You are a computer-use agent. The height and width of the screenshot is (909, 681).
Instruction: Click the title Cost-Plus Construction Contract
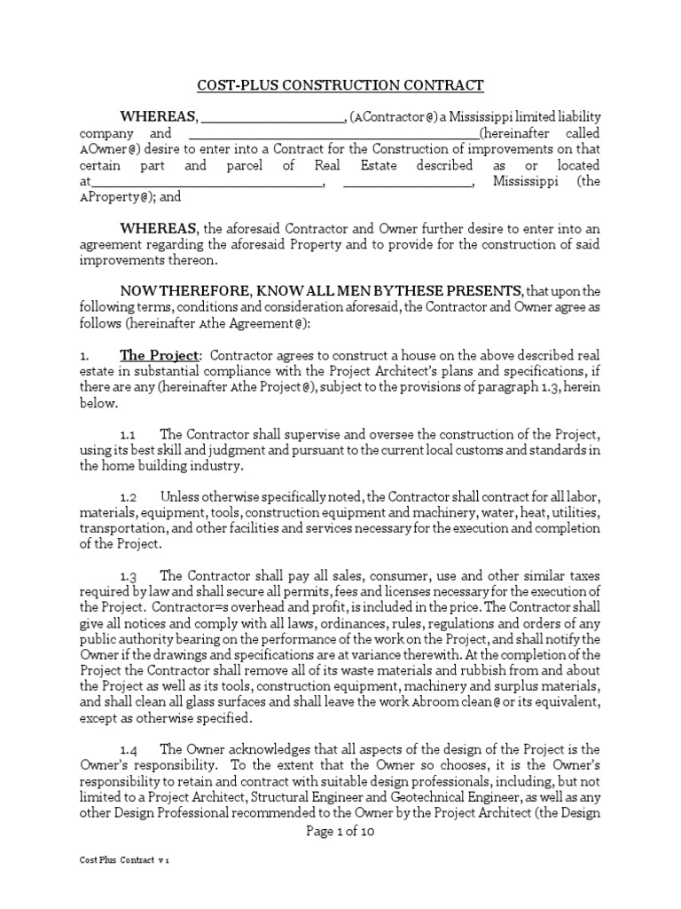(340, 85)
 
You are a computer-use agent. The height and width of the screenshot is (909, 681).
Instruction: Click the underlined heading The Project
(160, 355)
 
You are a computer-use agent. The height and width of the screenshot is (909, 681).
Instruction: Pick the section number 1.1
(127, 434)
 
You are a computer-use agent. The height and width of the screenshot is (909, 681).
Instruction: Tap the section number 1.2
(127, 497)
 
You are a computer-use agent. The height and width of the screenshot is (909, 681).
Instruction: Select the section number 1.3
(127, 577)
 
